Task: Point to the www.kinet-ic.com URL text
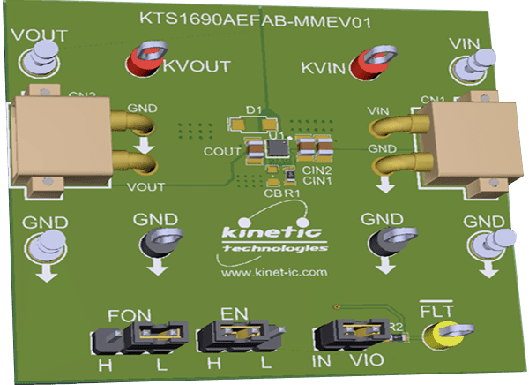[263, 275]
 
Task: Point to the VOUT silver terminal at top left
[35, 61]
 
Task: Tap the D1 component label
[254, 109]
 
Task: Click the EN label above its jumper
[235, 313]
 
